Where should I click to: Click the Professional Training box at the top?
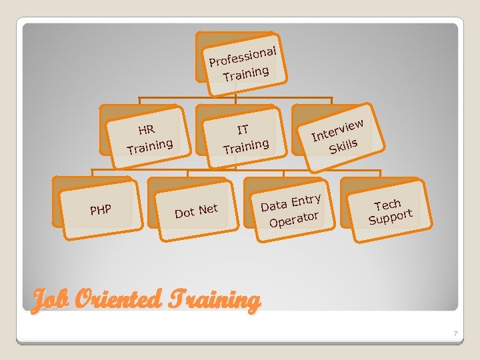[244, 62]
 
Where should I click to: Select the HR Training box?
[148, 137]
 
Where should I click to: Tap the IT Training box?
[245, 137]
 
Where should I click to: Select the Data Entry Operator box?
[291, 209]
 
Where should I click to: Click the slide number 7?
[455, 333]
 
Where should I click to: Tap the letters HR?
[147, 129]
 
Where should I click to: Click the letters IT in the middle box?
[243, 129]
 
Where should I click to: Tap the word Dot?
[185, 213]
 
